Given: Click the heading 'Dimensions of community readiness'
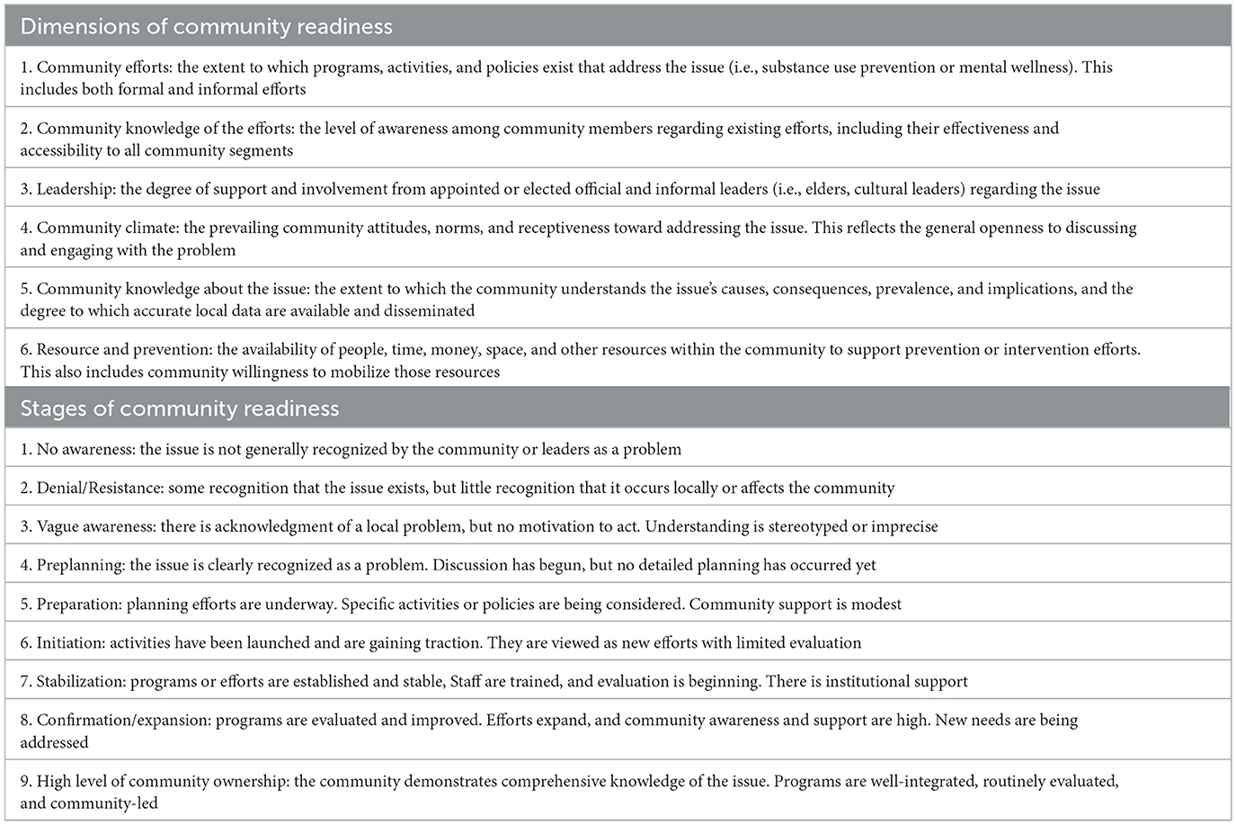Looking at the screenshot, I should [206, 26].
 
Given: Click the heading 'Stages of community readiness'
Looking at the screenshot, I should [179, 408].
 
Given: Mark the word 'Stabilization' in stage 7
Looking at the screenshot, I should [79, 681].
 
